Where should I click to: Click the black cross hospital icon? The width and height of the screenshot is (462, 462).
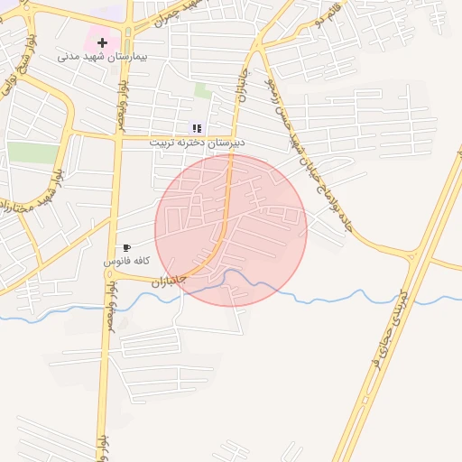(x=102, y=42)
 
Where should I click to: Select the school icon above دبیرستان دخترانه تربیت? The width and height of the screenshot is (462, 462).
(x=197, y=128)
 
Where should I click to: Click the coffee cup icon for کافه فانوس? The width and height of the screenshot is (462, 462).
(x=126, y=247)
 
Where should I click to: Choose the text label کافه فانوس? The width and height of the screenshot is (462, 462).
(x=126, y=261)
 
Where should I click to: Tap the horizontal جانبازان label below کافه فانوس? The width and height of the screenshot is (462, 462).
(x=168, y=281)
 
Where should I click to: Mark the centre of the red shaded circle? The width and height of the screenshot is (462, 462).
(x=231, y=230)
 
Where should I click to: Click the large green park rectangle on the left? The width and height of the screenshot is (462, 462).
(x=33, y=152)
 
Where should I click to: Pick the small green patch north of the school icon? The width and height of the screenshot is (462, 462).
(x=203, y=90)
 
